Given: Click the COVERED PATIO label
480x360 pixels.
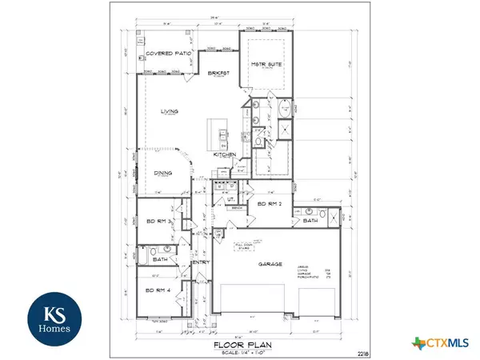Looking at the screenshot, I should (166, 54).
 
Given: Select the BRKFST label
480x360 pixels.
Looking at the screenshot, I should (219, 73).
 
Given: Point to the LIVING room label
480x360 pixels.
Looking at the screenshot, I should (168, 111).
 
